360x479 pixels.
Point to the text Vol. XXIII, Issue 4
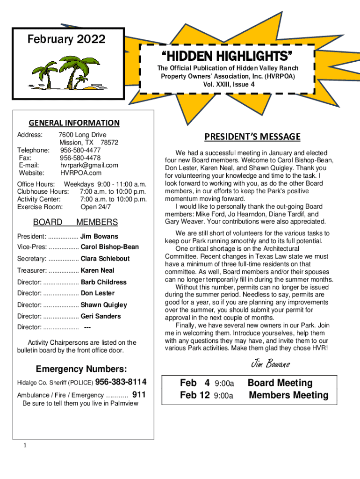click(x=229, y=85)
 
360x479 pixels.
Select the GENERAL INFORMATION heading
click(x=74, y=123)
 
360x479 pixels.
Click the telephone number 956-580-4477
click(x=80, y=150)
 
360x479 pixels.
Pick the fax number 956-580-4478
click(x=80, y=158)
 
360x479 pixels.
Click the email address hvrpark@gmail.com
click(x=89, y=165)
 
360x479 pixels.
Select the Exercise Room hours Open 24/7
click(x=95, y=206)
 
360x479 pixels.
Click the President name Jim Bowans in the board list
click(x=99, y=236)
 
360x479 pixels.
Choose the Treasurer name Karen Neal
click(x=97, y=270)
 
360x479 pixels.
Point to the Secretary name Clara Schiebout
click(x=105, y=259)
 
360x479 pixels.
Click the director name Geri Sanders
click(x=101, y=316)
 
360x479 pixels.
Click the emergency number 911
click(x=139, y=395)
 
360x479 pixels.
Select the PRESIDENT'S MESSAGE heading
click(x=252, y=137)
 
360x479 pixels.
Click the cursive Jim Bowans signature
click(x=271, y=363)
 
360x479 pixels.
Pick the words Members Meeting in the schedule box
click(x=288, y=395)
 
